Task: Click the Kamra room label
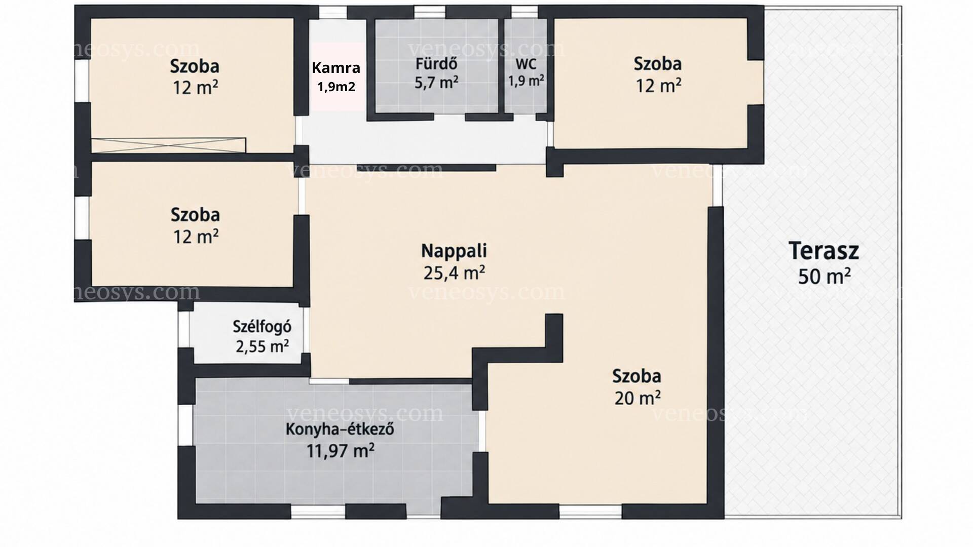(x=336, y=67)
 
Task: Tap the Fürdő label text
(x=436, y=64)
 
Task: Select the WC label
(x=526, y=65)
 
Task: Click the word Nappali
(x=454, y=251)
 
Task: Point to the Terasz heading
(x=824, y=251)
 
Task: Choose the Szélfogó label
(x=262, y=326)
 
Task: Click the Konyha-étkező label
(x=340, y=429)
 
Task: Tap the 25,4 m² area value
(x=454, y=273)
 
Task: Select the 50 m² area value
(x=824, y=277)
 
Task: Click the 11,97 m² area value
(x=340, y=450)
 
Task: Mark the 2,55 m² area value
(x=262, y=346)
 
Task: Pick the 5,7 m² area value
(x=436, y=83)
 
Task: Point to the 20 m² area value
(x=637, y=398)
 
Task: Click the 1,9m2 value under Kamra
(x=336, y=87)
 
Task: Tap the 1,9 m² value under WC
(x=527, y=81)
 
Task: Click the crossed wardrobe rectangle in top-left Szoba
(x=168, y=145)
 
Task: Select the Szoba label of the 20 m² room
(x=637, y=376)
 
